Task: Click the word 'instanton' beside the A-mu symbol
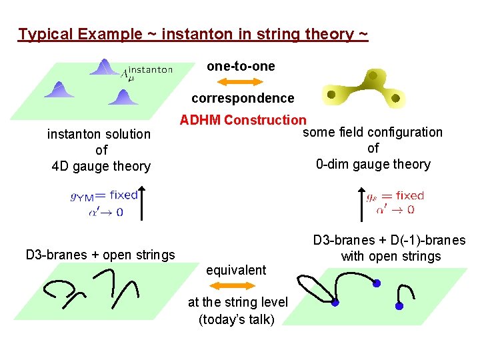click(x=150, y=69)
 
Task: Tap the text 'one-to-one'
click(x=241, y=66)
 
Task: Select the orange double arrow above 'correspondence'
click(x=241, y=82)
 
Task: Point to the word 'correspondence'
click(x=243, y=98)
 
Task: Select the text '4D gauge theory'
click(x=101, y=166)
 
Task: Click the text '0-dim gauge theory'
click(x=373, y=164)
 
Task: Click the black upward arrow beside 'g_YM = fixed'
click(x=143, y=203)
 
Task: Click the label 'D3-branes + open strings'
click(x=100, y=254)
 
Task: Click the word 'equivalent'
click(x=236, y=270)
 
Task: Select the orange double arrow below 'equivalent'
click(x=237, y=286)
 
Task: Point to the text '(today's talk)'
click(x=237, y=319)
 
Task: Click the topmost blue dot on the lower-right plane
click(x=377, y=284)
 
